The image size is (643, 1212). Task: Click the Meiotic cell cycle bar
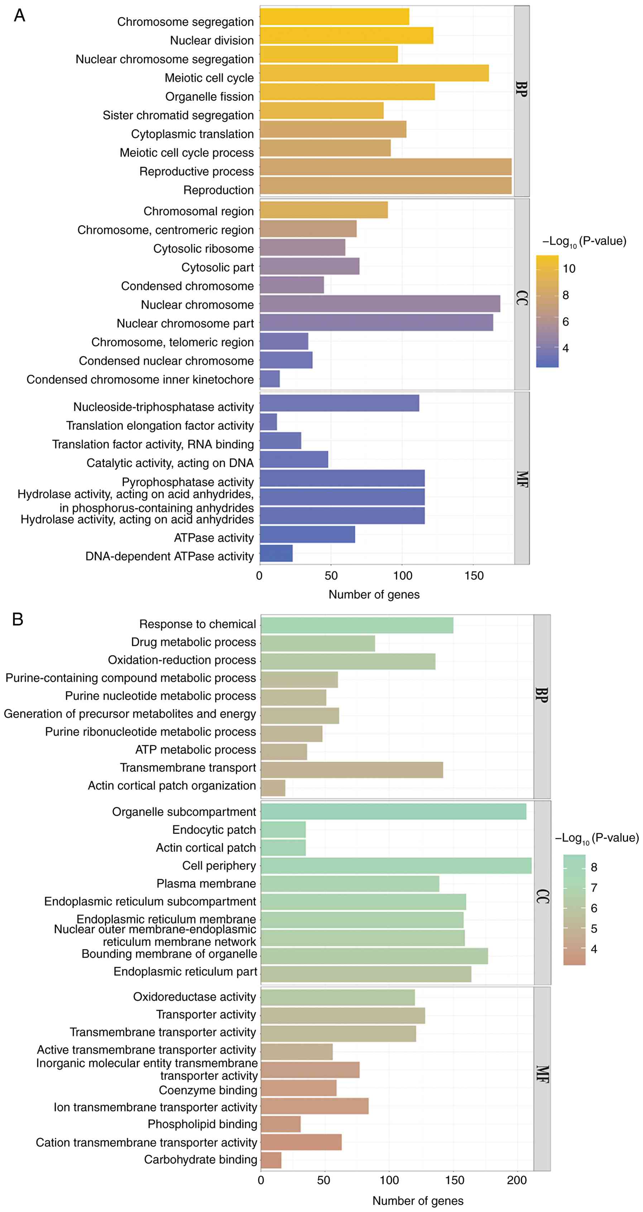coord(374,73)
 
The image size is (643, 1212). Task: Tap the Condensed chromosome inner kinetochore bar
coord(269,379)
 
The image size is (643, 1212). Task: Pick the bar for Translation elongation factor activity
coord(268,422)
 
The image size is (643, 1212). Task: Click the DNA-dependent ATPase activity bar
coord(276,553)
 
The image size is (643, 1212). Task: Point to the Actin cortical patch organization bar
coord(273,787)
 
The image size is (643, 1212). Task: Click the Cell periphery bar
coord(396,865)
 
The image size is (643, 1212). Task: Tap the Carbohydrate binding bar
coord(271,1160)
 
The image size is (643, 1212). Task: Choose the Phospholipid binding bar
coord(280,1124)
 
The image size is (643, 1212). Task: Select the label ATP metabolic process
coord(195,749)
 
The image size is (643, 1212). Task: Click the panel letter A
coord(19,15)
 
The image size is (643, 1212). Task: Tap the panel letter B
coord(18,619)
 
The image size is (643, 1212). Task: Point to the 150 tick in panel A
coord(474,576)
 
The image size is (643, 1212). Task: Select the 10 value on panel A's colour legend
coord(569,269)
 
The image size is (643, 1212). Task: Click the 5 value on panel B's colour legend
coord(594,928)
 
